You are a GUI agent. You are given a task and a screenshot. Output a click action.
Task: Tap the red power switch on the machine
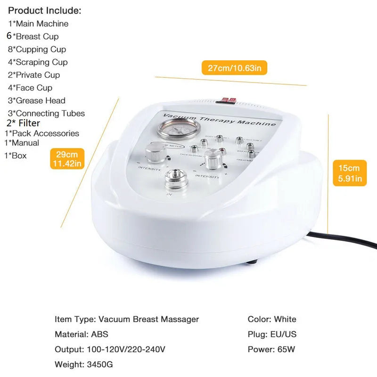[229, 100]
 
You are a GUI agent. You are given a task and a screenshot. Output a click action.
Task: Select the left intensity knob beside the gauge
[155, 153]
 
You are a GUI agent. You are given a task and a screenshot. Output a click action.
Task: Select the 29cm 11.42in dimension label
[68, 159]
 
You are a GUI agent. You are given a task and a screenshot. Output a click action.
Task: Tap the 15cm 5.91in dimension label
[350, 173]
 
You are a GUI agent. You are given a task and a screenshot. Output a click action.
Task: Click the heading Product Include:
[45, 10]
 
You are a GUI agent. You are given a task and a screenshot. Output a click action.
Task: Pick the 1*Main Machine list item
[38, 24]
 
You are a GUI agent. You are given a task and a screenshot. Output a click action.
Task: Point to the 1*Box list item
[16, 156]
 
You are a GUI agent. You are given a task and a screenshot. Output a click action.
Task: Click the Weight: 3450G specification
[83, 364]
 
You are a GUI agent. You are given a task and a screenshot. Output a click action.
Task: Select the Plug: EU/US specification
[272, 334]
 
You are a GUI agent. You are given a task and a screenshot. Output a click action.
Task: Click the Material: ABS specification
[81, 334]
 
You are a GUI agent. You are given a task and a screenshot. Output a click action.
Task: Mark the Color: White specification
[272, 319]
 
